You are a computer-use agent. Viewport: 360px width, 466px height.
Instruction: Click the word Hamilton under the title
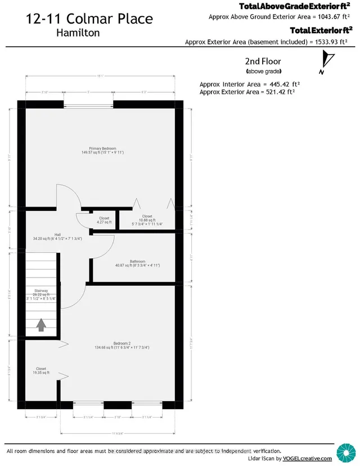[78, 33]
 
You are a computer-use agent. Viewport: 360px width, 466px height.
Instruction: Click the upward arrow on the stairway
[41, 325]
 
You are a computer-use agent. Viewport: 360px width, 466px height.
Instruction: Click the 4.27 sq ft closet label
[104, 220]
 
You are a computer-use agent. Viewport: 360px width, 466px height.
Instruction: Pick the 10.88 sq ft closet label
[147, 219]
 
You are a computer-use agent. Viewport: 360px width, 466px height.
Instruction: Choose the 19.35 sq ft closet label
[41, 371]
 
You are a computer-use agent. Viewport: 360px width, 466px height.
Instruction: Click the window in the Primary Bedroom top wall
[88, 105]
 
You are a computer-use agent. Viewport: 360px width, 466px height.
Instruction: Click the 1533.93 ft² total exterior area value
[327, 42]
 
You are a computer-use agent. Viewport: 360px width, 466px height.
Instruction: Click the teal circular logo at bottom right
[345, 451]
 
